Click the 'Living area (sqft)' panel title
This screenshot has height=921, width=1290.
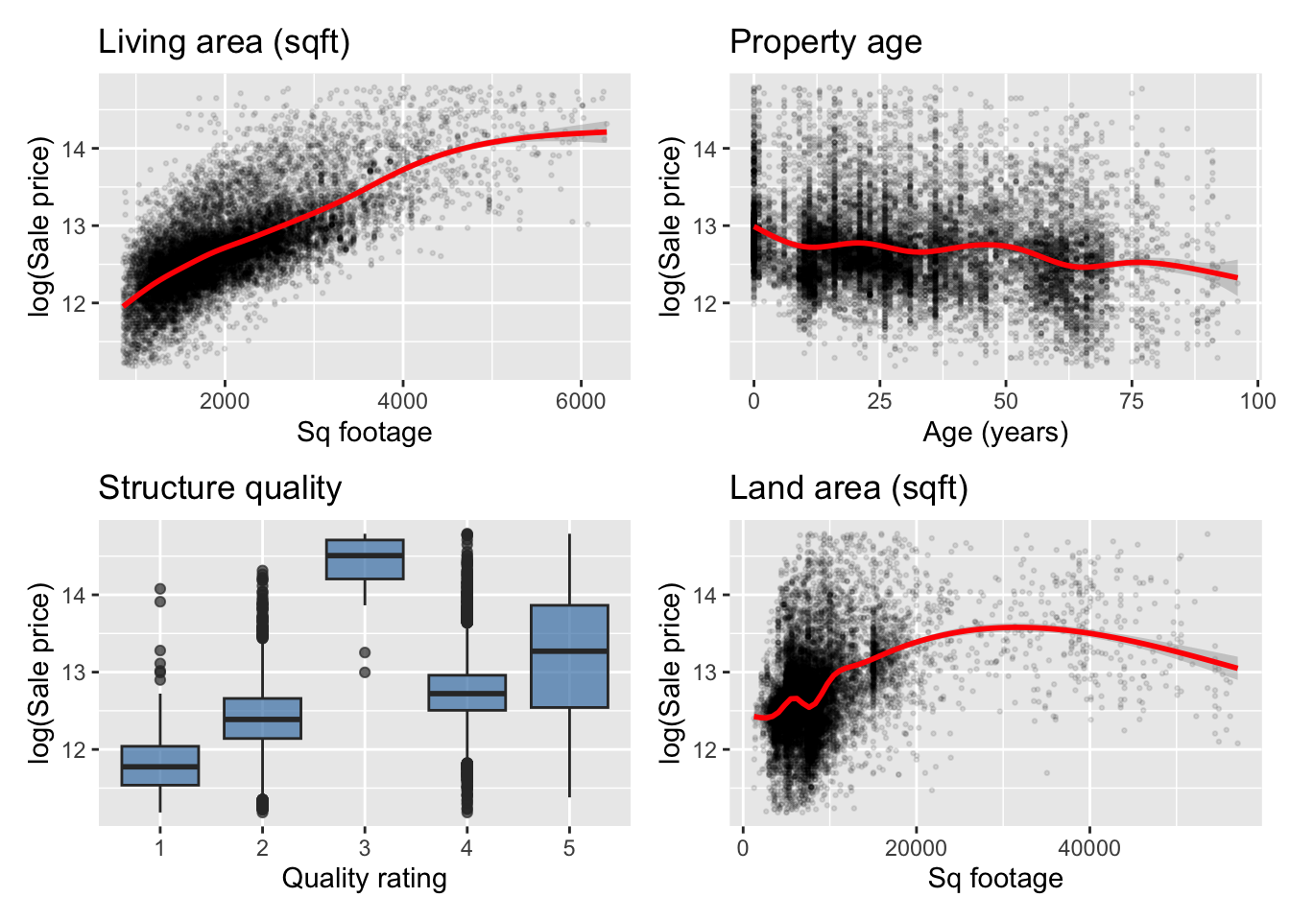pos(225,42)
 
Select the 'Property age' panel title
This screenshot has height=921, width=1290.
pos(825,42)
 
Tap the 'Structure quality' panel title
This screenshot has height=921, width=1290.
pos(220,488)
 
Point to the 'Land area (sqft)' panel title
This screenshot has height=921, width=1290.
pos(848,488)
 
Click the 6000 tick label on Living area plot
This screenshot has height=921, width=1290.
pos(581,401)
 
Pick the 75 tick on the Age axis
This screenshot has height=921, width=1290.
pos(1132,401)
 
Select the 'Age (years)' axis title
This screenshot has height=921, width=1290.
pos(995,433)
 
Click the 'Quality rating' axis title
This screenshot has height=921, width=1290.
pos(364,879)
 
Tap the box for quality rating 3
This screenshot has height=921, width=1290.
pos(365,559)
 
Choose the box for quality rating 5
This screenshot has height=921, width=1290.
pos(569,656)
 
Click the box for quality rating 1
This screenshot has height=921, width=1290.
pos(160,766)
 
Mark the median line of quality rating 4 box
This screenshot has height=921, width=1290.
pos(466,693)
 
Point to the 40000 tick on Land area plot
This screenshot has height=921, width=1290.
pos(1088,848)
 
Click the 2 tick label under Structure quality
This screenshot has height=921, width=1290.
pos(262,848)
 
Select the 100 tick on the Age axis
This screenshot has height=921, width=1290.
pos(1257,401)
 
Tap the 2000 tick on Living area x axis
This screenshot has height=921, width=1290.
pos(225,401)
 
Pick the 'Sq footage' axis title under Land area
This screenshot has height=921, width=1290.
pos(995,879)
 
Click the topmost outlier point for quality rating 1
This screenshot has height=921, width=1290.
pos(160,589)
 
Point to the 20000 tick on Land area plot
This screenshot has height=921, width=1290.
pos(916,848)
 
